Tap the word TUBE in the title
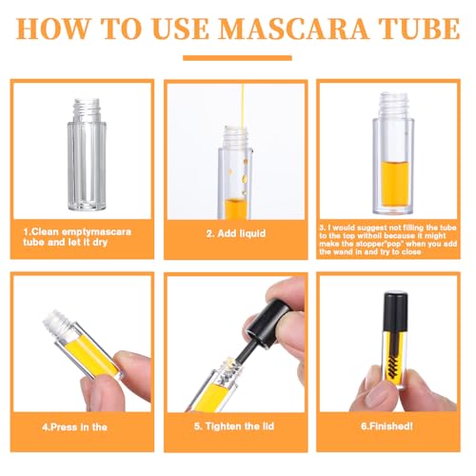tap(421, 29)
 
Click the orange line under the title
tap(237, 58)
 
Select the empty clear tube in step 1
tap(87, 154)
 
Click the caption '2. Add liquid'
tap(236, 233)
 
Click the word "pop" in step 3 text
tap(393, 244)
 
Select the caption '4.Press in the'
tap(74, 426)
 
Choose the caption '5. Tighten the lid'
tap(234, 426)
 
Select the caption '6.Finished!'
tap(387, 426)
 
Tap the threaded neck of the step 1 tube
tap(87, 109)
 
